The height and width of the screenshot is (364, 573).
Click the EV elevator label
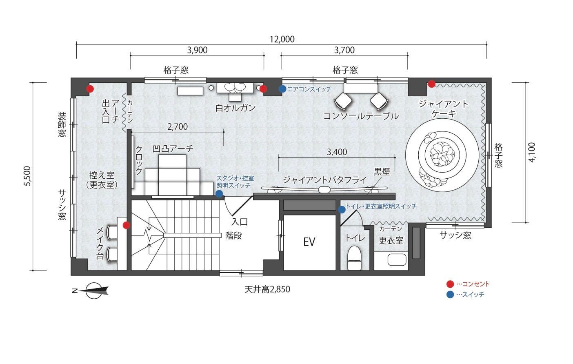(309, 242)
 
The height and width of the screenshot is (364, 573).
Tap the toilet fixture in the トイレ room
(354, 257)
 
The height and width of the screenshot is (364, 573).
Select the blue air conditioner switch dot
(282, 89)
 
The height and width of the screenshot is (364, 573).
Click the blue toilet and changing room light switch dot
(342, 210)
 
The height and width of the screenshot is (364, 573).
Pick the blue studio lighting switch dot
(219, 194)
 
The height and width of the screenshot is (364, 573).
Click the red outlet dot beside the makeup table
(127, 225)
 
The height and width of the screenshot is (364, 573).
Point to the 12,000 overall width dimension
(282, 40)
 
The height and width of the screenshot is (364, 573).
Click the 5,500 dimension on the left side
(27, 176)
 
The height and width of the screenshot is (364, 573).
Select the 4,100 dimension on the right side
(531, 153)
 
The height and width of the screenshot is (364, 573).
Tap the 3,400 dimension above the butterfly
(337, 152)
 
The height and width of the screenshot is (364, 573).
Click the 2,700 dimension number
(178, 127)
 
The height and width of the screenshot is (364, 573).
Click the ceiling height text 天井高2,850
(267, 289)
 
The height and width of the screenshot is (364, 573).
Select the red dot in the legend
(450, 284)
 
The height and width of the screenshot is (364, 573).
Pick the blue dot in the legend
(450, 295)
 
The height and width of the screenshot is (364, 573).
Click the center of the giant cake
(442, 155)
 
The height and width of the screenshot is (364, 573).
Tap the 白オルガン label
(235, 108)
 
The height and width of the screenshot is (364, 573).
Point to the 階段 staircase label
(233, 235)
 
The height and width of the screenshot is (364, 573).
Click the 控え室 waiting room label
(102, 175)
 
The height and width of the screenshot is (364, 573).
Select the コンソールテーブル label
(361, 116)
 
